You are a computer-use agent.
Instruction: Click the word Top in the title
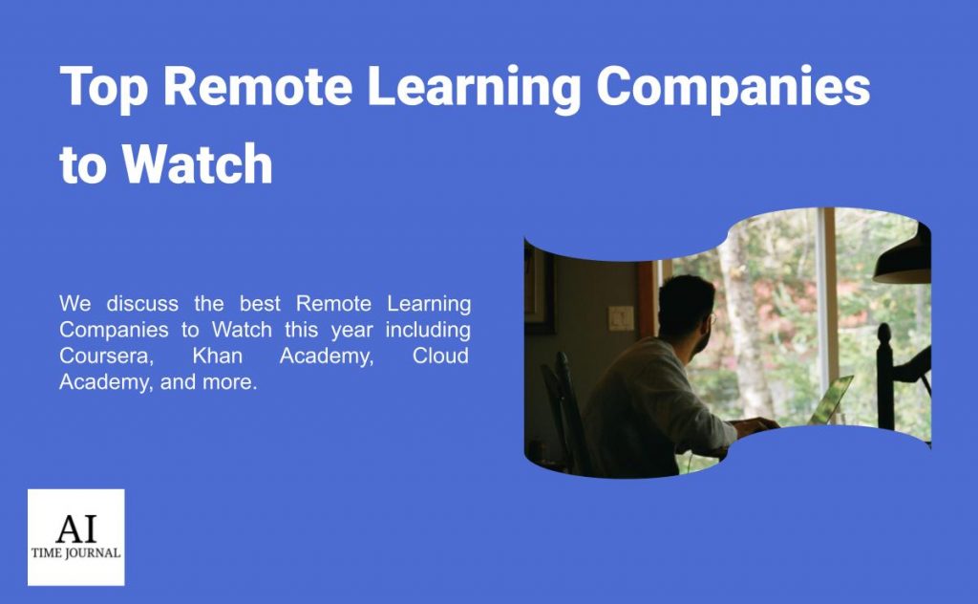(x=104, y=87)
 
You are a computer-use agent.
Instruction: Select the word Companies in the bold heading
(x=733, y=87)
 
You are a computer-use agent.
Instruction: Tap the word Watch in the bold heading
(x=197, y=163)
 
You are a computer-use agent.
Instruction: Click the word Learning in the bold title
(x=475, y=87)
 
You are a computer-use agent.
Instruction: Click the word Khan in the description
(x=217, y=356)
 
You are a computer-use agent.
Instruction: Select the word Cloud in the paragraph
(x=440, y=356)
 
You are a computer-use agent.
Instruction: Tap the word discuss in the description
(x=142, y=304)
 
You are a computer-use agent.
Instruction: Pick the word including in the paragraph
(x=428, y=330)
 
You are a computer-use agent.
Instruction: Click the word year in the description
(x=351, y=331)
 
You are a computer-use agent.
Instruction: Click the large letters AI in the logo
(x=76, y=528)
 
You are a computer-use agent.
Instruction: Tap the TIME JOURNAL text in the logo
(x=76, y=552)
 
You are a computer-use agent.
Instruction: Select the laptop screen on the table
(x=831, y=400)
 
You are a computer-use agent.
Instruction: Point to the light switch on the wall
(x=621, y=318)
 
